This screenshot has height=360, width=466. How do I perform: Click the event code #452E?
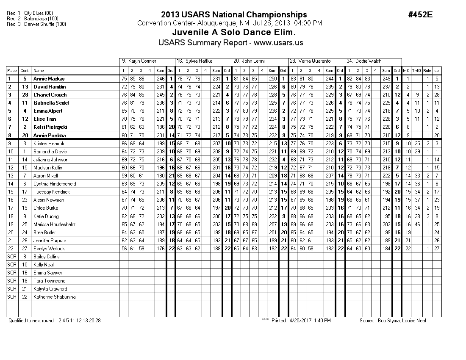(x=420, y=15)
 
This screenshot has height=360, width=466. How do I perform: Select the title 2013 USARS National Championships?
(x=234, y=15)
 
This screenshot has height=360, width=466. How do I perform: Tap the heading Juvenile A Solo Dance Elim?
(x=234, y=33)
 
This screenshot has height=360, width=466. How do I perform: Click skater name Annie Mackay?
(x=49, y=79)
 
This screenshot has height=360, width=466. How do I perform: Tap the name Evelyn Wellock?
(x=49, y=249)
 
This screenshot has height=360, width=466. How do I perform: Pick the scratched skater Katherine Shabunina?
(x=55, y=297)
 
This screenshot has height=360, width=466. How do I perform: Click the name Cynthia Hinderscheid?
(x=55, y=184)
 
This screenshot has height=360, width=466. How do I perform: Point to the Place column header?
(x=12, y=71)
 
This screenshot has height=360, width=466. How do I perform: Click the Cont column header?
(x=25, y=71)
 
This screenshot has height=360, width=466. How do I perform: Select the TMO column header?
(x=416, y=71)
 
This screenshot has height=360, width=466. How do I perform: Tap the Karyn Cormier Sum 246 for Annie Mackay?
(x=160, y=79)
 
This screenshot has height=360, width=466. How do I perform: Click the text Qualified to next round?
(x=31, y=321)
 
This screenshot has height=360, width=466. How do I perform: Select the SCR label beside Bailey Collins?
(x=12, y=257)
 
